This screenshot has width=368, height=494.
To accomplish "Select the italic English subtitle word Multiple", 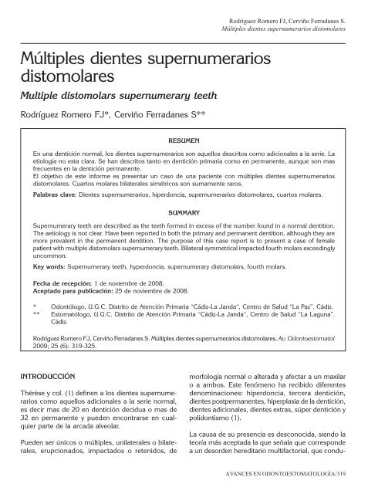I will click(x=48, y=97).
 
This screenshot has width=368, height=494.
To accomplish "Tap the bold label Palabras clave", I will click(x=54, y=196).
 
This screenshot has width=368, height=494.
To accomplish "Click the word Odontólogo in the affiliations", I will click(x=68, y=306).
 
